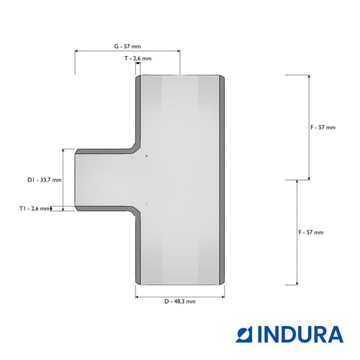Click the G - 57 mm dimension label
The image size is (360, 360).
click(127, 46)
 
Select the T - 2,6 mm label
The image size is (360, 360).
click(138, 58)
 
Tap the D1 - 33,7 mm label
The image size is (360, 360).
click(45, 180)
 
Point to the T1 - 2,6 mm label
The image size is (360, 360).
click(35, 209)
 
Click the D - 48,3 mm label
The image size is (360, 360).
click(180, 302)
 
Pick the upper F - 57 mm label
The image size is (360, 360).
click(323, 127)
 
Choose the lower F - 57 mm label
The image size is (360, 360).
click(311, 233)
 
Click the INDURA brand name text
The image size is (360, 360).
click(300, 334)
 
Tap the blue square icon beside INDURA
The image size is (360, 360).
click(245, 334)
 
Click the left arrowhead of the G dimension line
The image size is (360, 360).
click(76, 51)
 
